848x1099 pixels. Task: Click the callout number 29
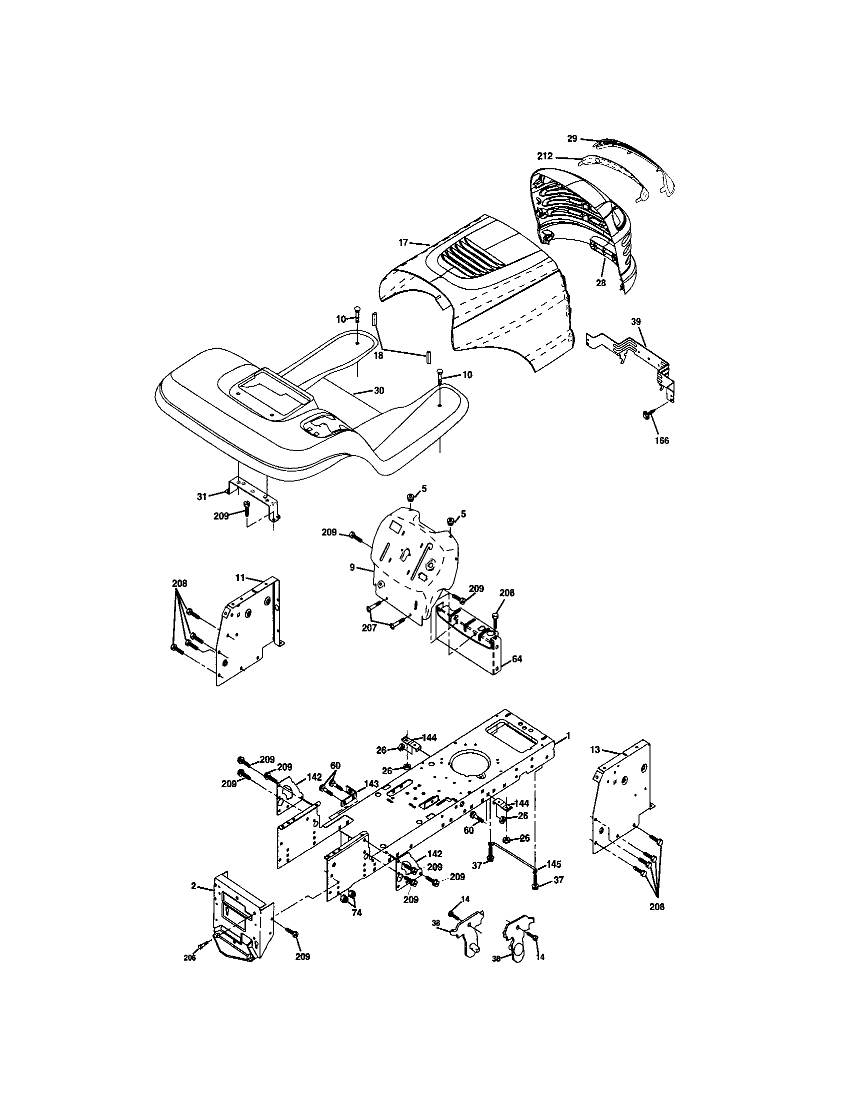coord(571,138)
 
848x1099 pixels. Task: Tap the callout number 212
coord(544,156)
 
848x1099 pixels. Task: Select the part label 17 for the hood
coord(403,243)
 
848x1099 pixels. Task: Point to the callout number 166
coord(661,441)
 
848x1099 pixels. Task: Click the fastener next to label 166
coord(645,414)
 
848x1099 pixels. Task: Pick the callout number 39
coord(636,321)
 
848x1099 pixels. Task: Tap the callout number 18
coord(378,355)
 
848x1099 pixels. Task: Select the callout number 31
coord(202,497)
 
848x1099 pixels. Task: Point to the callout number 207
coord(369,628)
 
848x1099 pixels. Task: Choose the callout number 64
coord(516,659)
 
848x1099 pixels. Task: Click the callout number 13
coord(595,749)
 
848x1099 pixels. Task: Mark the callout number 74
coord(356,913)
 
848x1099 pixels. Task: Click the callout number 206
coord(189,958)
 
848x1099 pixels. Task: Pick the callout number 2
coord(194,886)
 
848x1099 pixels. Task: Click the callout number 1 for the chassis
coord(568,736)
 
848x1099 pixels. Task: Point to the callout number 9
coord(352,568)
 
